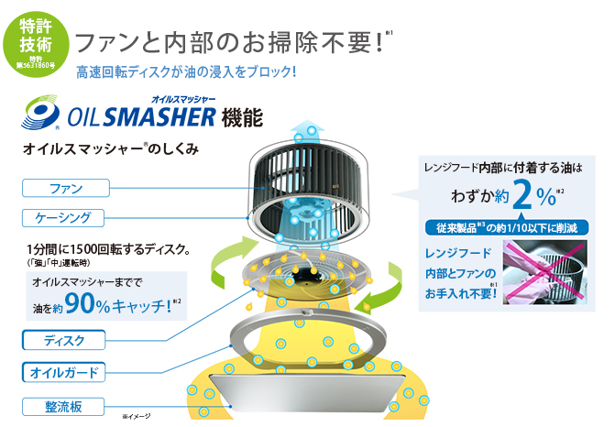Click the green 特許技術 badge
(x=37, y=38)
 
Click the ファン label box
(x=64, y=188)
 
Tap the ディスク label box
(x=64, y=341)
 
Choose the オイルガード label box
(x=64, y=373)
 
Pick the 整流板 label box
(x=64, y=406)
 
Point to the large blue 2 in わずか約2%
(x=522, y=193)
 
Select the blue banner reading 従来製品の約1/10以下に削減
(x=506, y=227)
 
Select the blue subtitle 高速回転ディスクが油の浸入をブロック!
(x=187, y=71)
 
